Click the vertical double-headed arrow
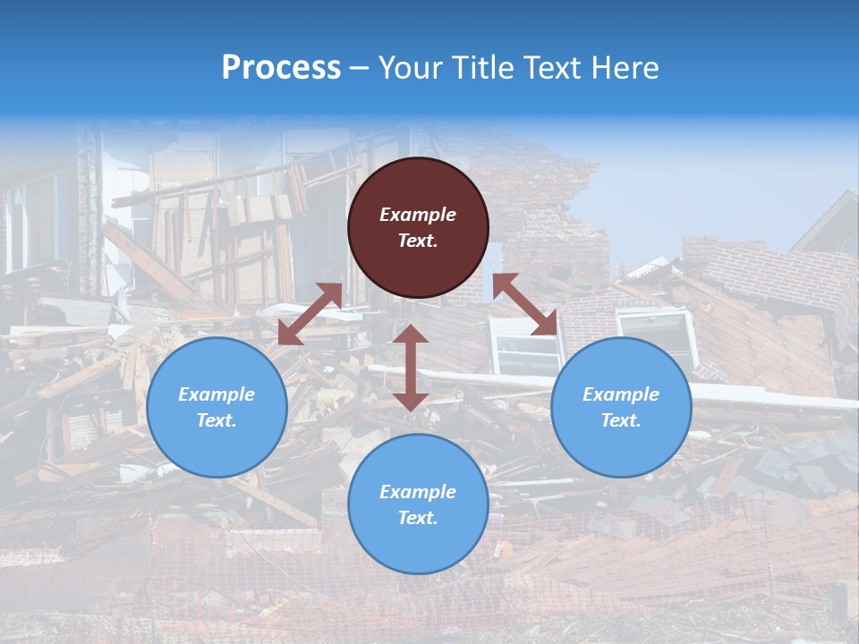click(x=411, y=368)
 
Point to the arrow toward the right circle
click(x=524, y=305)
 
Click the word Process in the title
click(x=281, y=67)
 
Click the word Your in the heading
click(x=411, y=67)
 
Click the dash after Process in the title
click(x=360, y=68)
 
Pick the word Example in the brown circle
click(x=418, y=215)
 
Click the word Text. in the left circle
click(x=217, y=420)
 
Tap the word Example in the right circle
click(x=621, y=394)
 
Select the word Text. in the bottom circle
click(x=418, y=518)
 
